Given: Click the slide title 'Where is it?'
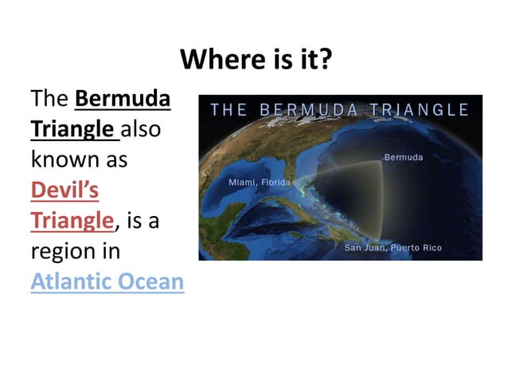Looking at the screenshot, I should [255, 59].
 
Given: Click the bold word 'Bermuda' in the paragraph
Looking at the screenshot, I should [122, 100].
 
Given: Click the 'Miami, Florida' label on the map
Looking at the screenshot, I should [261, 183].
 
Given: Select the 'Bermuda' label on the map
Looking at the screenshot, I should [404, 157].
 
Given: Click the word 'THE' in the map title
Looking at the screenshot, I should [229, 110].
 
